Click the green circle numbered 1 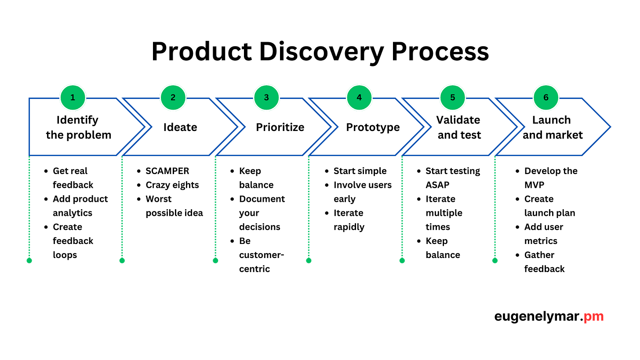point(73,98)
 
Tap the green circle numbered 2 point(173,98)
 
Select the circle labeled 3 point(266,98)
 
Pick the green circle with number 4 point(359,98)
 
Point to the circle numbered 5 point(452,98)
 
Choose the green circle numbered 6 point(546,98)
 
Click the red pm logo point(593,316)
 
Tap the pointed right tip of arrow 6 point(611,127)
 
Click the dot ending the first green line point(29,261)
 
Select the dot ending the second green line point(122,261)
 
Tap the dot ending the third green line point(215,261)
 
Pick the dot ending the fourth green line point(309,261)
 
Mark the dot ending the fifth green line point(402,261)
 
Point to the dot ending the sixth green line point(495,261)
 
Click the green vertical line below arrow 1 point(29,207)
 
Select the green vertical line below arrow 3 point(215,207)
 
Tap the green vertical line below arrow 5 point(402,207)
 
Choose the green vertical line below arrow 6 point(495,207)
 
